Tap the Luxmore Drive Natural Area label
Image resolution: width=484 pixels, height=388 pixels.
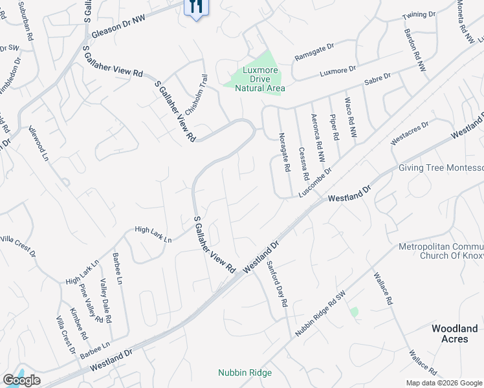259,80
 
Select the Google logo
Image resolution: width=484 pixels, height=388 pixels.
21,380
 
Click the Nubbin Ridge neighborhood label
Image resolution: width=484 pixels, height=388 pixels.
245,372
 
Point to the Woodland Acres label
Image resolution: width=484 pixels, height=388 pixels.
454,334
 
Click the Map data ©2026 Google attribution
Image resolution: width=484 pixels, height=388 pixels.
443,383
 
